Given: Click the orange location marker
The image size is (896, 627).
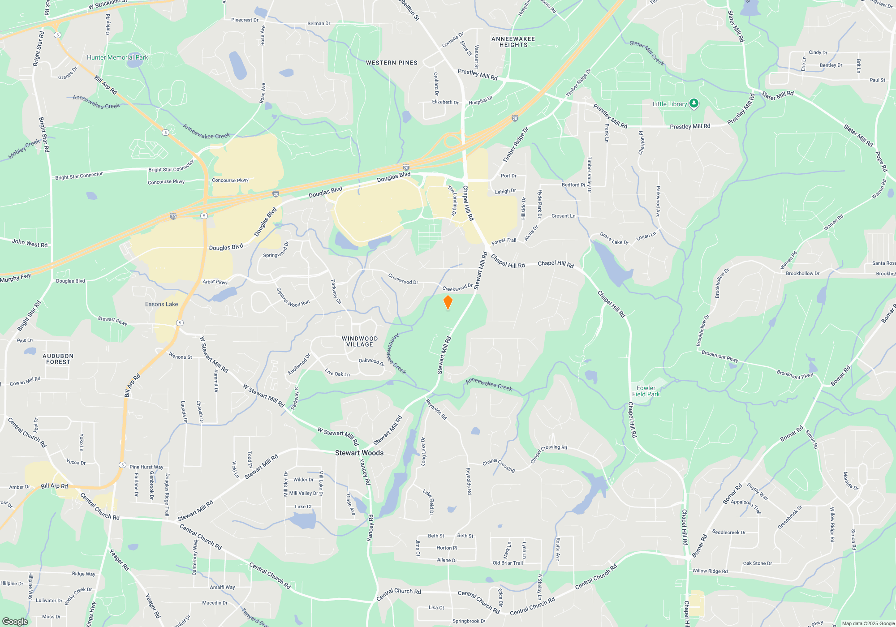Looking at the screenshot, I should pos(448,302).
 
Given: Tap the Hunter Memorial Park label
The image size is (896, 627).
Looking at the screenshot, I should pos(117,57).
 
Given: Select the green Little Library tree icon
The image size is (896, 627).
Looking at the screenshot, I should pos(694,104).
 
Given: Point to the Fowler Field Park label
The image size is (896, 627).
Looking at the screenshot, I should pos(646,391).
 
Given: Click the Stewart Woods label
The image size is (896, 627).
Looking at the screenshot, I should pos(359,453).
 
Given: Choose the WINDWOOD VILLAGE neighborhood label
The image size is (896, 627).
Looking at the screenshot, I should pos(360,342).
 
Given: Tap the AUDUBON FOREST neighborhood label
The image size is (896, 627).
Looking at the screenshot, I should pos(58,359).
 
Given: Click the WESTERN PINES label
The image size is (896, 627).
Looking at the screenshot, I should pos(392,63).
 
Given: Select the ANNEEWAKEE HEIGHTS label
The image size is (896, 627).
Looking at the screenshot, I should pos(513,42).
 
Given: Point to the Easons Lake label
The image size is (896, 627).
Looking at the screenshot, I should pos(161,304).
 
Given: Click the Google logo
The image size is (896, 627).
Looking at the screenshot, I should pos(15,621).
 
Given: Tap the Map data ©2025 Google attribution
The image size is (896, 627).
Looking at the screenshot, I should pos(868,623).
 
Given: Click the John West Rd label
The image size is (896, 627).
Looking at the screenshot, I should pos(30,243).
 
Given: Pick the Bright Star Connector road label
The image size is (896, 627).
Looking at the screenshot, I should pos(79,176).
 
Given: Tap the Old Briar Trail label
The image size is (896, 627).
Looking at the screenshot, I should pos(508,563).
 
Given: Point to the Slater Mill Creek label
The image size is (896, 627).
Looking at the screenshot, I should pos(646,53).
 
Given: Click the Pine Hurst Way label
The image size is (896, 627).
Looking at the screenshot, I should pos(146,467).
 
